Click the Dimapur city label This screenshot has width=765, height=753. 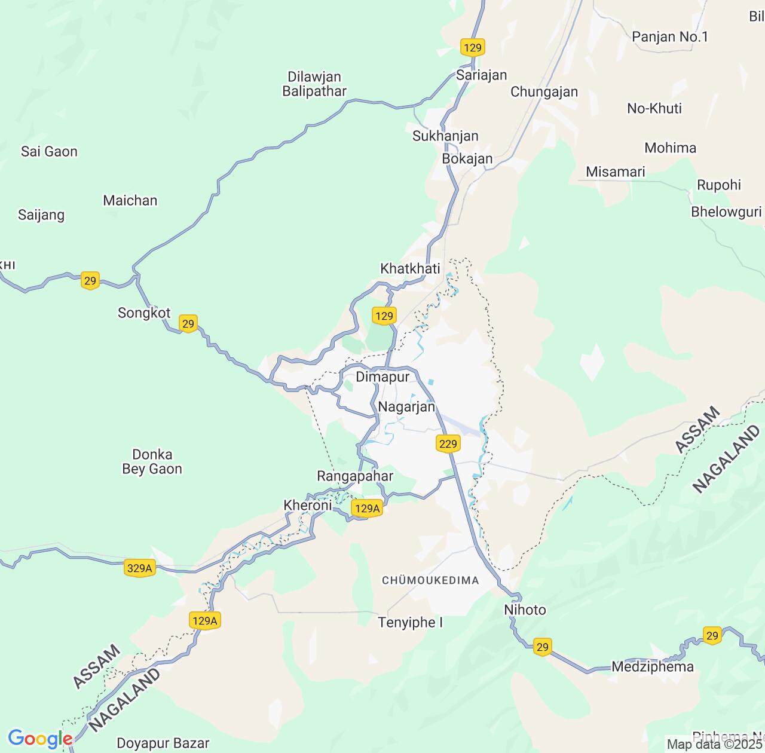point(382,377)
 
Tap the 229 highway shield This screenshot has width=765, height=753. point(448,443)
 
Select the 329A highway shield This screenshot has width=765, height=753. point(140,568)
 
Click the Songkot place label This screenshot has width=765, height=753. point(144,313)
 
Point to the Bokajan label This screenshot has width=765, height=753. point(467,158)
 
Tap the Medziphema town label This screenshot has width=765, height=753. point(652,666)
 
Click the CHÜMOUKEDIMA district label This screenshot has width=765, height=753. point(430,580)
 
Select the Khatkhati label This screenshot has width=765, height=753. point(410,268)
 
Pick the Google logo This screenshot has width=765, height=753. point(39,739)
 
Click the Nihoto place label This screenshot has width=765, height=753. point(525,610)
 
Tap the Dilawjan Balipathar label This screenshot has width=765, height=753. point(314,84)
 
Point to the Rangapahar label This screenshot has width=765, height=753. point(355,476)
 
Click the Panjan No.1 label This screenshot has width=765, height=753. point(669,37)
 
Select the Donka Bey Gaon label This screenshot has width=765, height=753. point(152,462)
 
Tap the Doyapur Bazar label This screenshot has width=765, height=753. point(163,743)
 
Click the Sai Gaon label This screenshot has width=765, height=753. point(49,152)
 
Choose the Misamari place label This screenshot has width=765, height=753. point(615,172)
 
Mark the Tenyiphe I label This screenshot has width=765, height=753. point(410,623)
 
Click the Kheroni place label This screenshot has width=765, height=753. point(307,506)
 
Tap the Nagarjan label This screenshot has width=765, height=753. point(406,407)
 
